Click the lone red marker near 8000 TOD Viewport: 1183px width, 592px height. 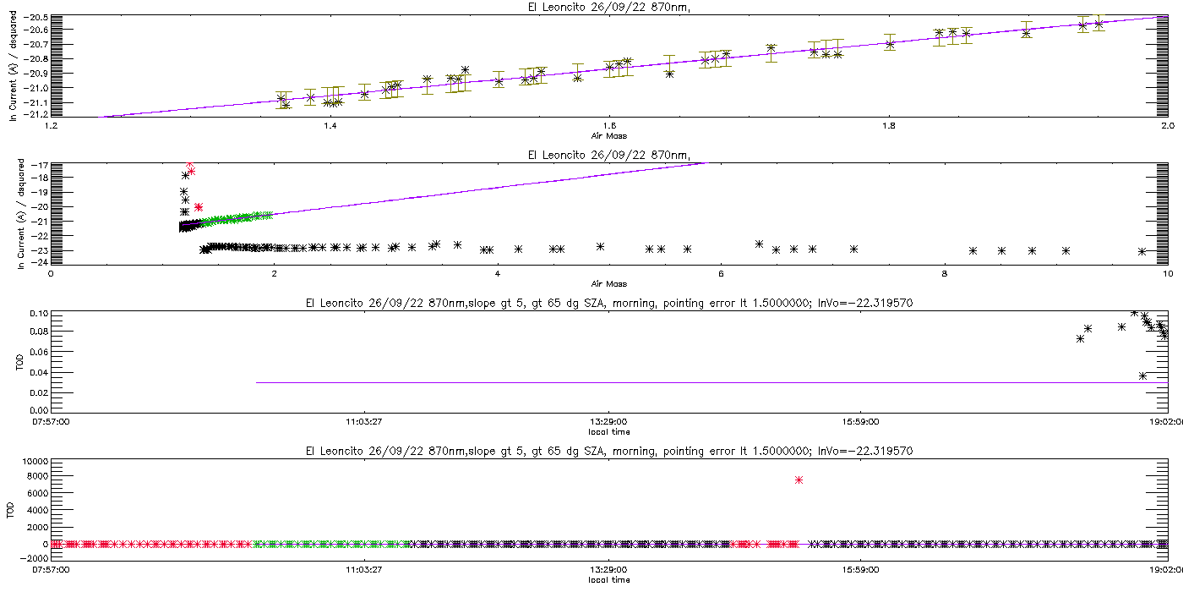[x=799, y=480]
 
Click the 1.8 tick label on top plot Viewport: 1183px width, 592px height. [x=889, y=126]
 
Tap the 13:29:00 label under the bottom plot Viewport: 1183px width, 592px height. [x=608, y=570]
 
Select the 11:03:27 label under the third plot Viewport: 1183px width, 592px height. [x=363, y=422]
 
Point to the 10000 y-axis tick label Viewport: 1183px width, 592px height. [x=35, y=462]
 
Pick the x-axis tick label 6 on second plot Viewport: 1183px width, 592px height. [x=721, y=274]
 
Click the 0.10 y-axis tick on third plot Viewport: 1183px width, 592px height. [x=39, y=314]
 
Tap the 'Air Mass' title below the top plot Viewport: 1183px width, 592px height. [x=609, y=136]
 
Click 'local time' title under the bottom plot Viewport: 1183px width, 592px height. [x=609, y=580]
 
